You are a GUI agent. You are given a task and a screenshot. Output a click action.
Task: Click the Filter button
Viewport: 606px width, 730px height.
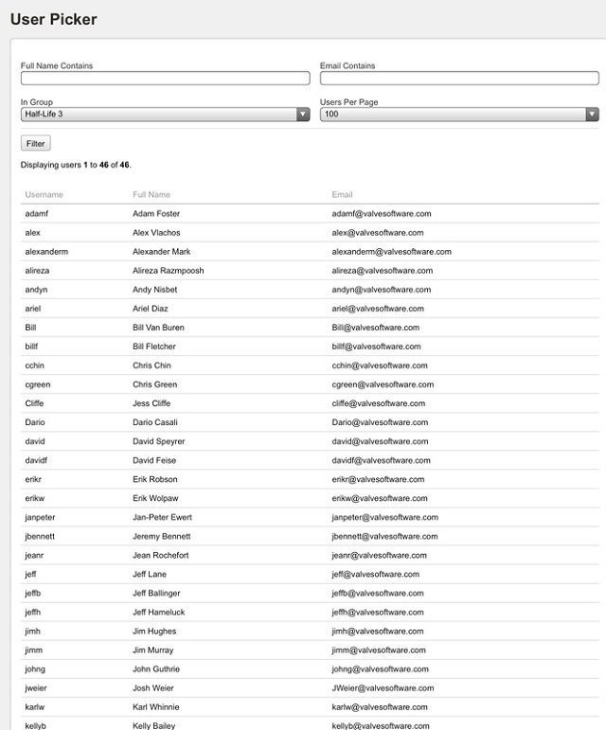click(35, 144)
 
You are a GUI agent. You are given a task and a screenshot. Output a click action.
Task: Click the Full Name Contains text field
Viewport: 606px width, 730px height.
click(165, 79)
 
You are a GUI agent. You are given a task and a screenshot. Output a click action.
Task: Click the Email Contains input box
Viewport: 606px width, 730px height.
click(459, 79)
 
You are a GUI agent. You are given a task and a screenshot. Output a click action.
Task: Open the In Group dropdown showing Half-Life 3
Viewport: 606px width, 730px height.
click(165, 115)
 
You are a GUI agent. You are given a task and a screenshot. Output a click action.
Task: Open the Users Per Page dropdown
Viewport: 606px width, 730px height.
click(459, 115)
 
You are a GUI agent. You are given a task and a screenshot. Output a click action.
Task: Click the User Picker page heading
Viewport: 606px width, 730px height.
click(53, 19)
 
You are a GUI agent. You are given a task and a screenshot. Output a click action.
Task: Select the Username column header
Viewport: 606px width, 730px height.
click(44, 195)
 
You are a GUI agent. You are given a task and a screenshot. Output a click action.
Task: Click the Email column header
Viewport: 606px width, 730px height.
click(343, 195)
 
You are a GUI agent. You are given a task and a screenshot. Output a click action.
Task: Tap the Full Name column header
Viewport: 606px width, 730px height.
click(151, 195)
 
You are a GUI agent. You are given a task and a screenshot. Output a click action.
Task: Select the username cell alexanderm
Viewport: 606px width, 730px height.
click(46, 252)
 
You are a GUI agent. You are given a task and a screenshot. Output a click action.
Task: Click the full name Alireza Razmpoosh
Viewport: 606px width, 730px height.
click(169, 271)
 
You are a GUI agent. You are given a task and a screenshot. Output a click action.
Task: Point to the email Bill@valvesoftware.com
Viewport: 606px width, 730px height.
click(376, 328)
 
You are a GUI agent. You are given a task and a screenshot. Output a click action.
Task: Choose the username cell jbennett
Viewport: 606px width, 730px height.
click(40, 536)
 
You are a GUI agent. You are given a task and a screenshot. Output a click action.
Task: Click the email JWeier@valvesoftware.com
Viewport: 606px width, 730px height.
click(383, 688)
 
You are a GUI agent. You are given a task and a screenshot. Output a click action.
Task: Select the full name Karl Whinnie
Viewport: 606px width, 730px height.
click(156, 707)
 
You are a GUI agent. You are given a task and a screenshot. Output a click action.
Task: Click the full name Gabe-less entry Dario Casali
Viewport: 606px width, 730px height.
click(155, 422)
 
